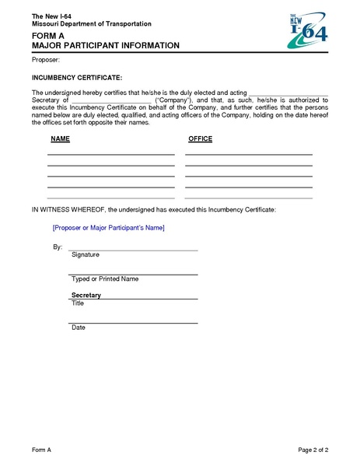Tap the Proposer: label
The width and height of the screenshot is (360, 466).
[45, 60]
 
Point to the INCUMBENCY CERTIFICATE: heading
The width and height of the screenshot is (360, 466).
[76, 79]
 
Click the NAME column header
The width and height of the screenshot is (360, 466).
[61, 138]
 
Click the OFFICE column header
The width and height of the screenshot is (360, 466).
[200, 138]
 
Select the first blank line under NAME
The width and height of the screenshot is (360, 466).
[110, 154]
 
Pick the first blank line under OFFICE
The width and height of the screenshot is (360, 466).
[248, 154]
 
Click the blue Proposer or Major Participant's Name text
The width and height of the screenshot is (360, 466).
[108, 228]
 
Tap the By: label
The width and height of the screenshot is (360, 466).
[57, 247]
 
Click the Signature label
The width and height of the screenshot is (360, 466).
[85, 255]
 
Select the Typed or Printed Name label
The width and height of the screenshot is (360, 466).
[105, 279]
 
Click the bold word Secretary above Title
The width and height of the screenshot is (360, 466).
[86, 296]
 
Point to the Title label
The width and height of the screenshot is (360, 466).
[78, 303]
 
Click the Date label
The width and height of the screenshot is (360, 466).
[79, 328]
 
